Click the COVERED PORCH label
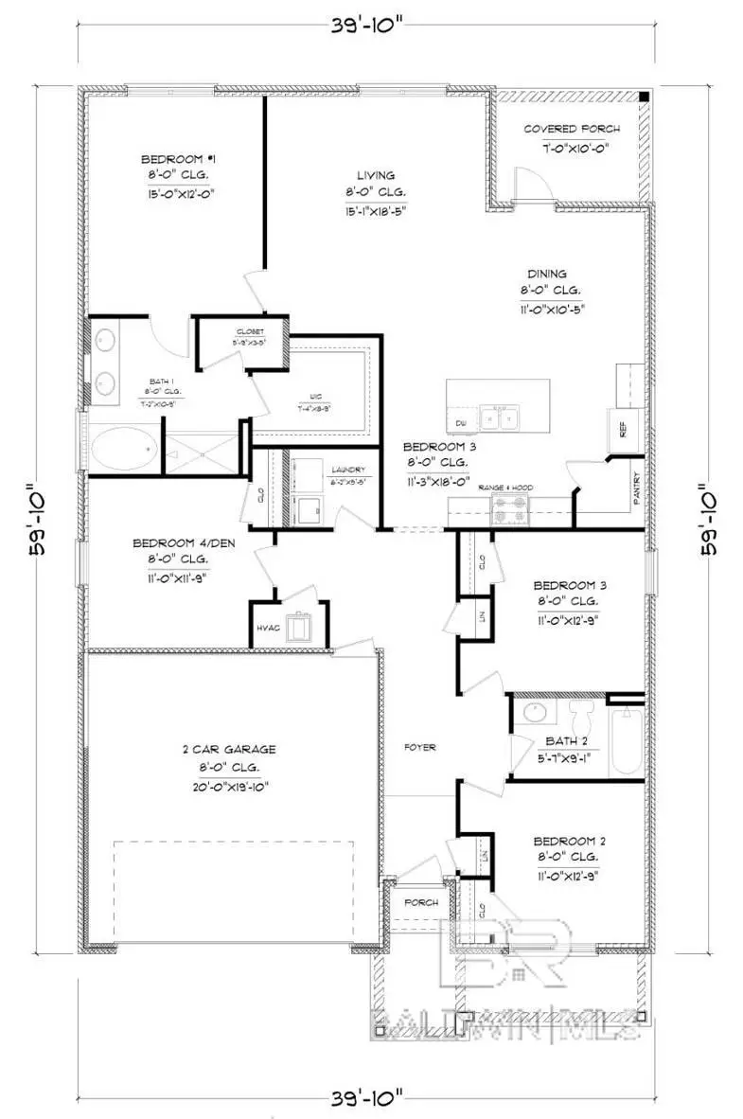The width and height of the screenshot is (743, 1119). pyautogui.click(x=572, y=129)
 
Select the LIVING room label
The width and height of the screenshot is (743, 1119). pyautogui.click(x=375, y=175)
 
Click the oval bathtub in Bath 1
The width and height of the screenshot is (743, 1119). pyautogui.click(x=120, y=446)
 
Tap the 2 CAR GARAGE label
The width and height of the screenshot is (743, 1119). pyautogui.click(x=229, y=749)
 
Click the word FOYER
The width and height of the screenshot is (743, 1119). pyautogui.click(x=420, y=747)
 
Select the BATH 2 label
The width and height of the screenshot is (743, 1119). pyautogui.click(x=565, y=740)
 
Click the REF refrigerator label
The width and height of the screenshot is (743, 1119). pyautogui.click(x=623, y=429)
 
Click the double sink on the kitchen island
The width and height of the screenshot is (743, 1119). pyautogui.click(x=499, y=417)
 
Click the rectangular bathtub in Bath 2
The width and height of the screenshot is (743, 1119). pyautogui.click(x=626, y=741)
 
